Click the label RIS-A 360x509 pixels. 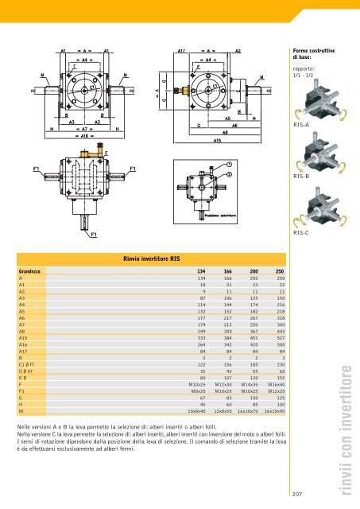pos(301,125)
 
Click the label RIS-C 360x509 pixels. pos(301,234)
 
